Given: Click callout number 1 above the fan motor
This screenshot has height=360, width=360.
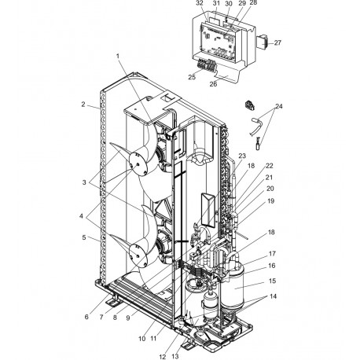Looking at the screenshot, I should (118, 56).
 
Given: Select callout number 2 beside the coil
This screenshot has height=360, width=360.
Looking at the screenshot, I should (83, 104).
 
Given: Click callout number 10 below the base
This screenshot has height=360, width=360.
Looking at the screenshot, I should (142, 339).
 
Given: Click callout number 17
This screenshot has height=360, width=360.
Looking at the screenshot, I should (273, 253).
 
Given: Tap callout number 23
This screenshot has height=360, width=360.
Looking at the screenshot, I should (242, 156).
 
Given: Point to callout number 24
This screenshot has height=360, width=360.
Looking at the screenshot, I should (277, 106).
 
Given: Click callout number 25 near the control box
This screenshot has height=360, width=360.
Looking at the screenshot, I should (192, 76).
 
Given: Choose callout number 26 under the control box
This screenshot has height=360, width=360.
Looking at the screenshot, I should (212, 84).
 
